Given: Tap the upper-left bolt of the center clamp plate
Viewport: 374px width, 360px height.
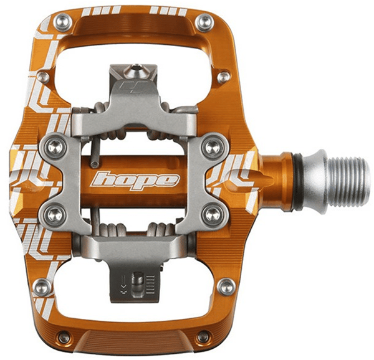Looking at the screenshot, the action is tap(55, 147).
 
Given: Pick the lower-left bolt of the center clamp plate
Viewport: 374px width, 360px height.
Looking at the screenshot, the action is tap(55, 214).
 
